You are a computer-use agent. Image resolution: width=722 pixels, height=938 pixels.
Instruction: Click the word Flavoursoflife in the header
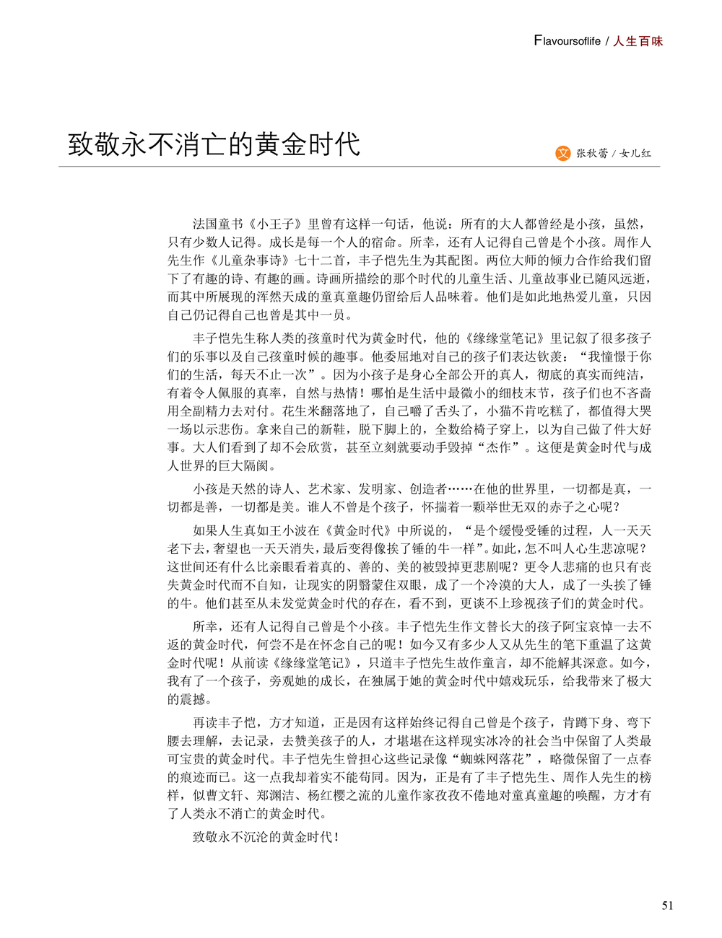[x=567, y=41]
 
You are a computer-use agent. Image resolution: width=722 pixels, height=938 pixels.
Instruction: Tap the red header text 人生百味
[x=638, y=41]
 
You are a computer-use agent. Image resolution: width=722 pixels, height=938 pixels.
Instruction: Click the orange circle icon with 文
[x=563, y=153]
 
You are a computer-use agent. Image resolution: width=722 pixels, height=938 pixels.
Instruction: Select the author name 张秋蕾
[x=591, y=153]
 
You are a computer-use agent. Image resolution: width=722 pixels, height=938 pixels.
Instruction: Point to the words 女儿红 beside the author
[x=635, y=153]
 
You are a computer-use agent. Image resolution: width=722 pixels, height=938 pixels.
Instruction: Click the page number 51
[x=667, y=906]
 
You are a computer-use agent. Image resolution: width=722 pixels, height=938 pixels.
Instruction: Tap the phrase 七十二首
[x=321, y=260]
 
